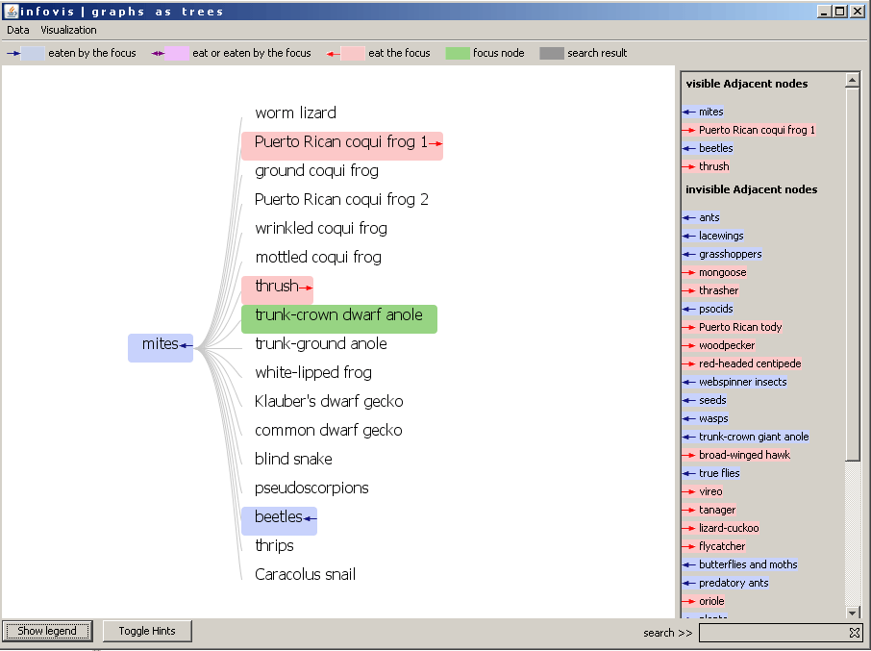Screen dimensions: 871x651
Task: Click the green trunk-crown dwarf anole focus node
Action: tap(338, 319)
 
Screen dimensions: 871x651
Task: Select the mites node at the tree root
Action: tap(161, 348)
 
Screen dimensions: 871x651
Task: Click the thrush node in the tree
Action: tap(277, 290)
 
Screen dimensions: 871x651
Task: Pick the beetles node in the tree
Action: tap(279, 521)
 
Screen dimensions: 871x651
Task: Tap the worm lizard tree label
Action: tap(295, 113)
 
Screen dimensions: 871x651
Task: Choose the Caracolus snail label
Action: tap(305, 574)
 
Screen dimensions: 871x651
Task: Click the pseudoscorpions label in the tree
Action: tap(311, 488)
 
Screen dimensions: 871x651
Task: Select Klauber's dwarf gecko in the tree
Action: tap(329, 401)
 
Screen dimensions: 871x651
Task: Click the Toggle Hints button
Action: tap(147, 631)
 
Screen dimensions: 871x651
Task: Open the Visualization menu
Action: tap(68, 30)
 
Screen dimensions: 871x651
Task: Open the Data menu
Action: tap(17, 30)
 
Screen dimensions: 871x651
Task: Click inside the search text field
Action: tap(773, 633)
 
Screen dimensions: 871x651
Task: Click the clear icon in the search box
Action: tap(855, 633)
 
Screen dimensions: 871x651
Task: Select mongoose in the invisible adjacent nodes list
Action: tap(722, 272)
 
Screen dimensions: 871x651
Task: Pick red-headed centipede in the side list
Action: tap(750, 363)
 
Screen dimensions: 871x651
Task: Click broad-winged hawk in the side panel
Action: tap(744, 455)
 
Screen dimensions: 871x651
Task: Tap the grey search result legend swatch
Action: tap(552, 53)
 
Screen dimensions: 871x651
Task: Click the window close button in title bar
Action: tap(858, 12)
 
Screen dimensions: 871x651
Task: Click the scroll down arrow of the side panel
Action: tap(853, 613)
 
